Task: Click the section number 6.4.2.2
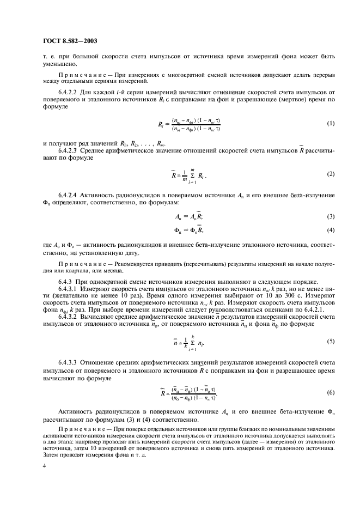click(x=68, y=93)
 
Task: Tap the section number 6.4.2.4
click(x=68, y=195)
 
